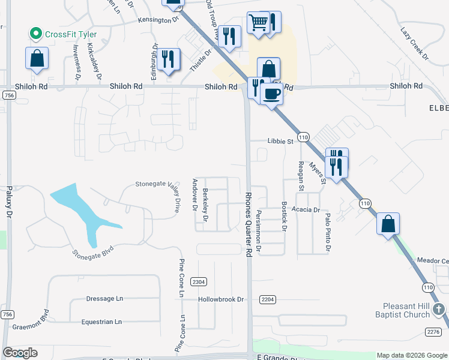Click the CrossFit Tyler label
(x=70, y=34)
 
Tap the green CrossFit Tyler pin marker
(x=37, y=34)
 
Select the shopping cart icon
(x=258, y=23)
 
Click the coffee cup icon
(x=271, y=94)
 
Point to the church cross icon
(x=439, y=310)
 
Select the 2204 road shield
(x=268, y=299)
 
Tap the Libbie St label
(x=280, y=142)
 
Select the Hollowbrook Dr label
(x=221, y=299)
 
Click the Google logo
(x=20, y=353)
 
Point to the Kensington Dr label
(x=158, y=20)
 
